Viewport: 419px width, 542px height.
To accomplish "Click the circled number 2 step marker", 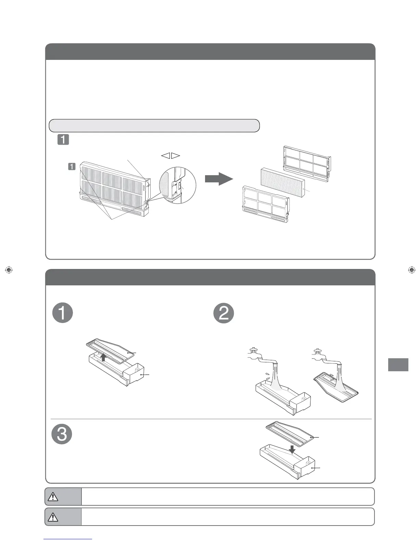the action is pyautogui.click(x=224, y=313).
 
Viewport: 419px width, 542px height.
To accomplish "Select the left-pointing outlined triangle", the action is pyautogui.click(x=165, y=156).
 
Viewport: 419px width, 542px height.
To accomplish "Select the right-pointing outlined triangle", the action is pyautogui.click(x=176, y=156).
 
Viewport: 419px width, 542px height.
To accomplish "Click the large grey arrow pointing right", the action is pyautogui.click(x=219, y=179).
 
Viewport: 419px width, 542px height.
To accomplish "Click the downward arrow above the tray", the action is pyautogui.click(x=292, y=449).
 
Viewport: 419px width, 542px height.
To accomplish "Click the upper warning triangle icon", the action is pyautogui.click(x=53, y=496).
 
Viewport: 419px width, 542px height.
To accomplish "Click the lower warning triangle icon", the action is pyautogui.click(x=53, y=517).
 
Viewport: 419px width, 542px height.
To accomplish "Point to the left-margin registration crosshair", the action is pyautogui.click(x=9, y=270).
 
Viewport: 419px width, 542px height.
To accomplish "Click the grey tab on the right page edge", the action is pyautogui.click(x=398, y=364).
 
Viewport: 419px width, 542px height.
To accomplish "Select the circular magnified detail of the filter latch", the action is pyautogui.click(x=178, y=185).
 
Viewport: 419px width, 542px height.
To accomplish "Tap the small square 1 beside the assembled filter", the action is pyautogui.click(x=72, y=167).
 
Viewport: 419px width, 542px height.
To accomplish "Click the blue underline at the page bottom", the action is pyautogui.click(x=68, y=539).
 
